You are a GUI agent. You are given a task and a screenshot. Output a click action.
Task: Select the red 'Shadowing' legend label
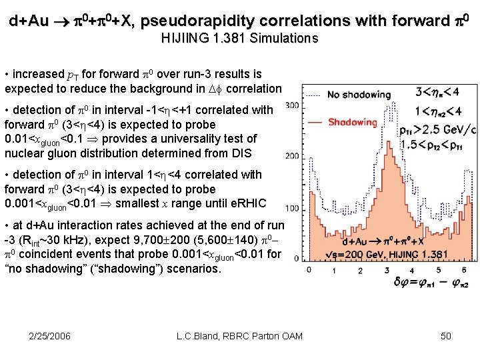pos(353,122)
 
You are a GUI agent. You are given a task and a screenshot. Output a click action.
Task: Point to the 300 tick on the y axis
pos(291,105)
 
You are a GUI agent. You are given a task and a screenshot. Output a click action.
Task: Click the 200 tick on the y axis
pos(291,157)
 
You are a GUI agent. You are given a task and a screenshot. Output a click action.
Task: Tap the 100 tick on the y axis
pos(291,209)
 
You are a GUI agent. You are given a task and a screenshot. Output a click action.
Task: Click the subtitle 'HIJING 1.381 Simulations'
pos(239,39)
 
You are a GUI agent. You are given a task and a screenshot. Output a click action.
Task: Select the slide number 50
pos(446,335)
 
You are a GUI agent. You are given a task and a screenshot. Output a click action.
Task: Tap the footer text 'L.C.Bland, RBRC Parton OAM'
pos(239,335)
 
